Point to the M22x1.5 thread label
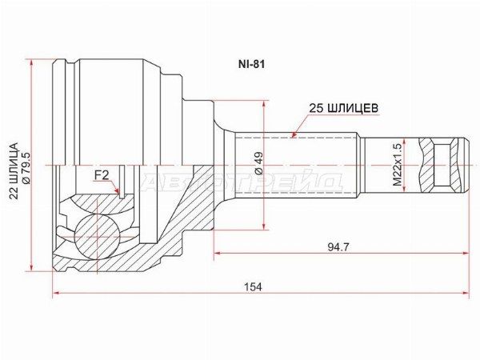point(397,166)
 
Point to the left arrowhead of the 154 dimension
point(57,294)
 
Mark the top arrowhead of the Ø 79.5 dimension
point(33,62)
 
